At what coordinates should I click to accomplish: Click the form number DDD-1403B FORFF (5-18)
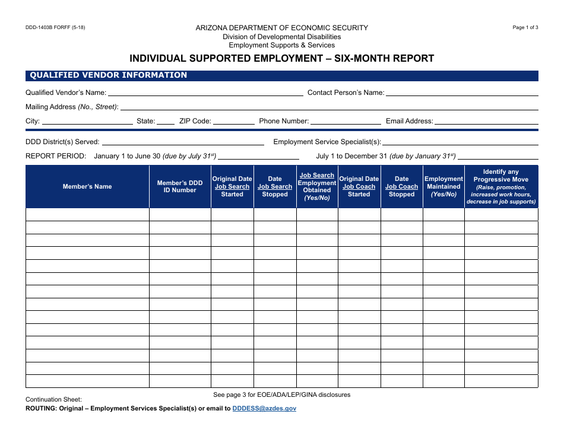coord(55,28)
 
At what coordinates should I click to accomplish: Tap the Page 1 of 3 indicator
coord(525,28)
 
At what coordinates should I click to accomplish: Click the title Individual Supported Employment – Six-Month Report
coord(282,59)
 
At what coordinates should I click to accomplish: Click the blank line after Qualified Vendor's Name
coord(205,94)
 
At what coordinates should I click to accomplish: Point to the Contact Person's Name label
coord(346,93)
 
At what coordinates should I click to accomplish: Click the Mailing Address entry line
coord(329,108)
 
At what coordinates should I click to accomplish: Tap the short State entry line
coord(166,122)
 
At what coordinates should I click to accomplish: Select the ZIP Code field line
coord(233,122)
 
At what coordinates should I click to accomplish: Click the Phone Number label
coord(284,121)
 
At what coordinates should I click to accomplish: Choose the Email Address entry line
coord(486,122)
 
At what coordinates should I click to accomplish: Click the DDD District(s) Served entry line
coord(183,144)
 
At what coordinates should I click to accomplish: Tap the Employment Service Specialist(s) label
coord(327,142)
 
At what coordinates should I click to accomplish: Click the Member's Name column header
coord(87,187)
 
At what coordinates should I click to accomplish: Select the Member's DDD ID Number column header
coord(180,187)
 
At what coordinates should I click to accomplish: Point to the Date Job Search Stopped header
coord(275,187)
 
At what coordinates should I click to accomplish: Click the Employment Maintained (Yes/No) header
coord(443,187)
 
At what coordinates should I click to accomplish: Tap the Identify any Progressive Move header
coord(501,187)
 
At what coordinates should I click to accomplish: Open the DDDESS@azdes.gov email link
coord(264,409)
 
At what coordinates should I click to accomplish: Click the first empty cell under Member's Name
coord(87,215)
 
